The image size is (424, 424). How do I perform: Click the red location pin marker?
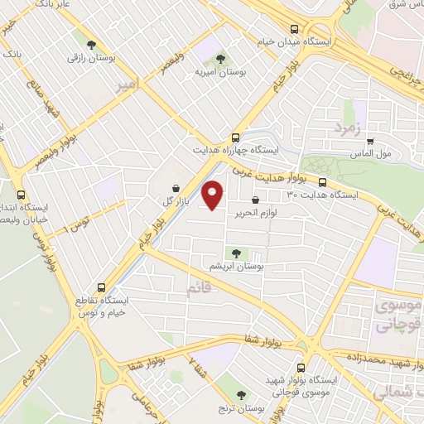(x=214, y=194)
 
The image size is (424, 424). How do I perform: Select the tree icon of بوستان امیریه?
(x=219, y=58)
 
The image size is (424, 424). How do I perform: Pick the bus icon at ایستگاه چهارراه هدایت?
(x=237, y=137)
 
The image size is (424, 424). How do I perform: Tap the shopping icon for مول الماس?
(x=370, y=141)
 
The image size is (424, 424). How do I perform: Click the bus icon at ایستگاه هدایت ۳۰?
(x=322, y=183)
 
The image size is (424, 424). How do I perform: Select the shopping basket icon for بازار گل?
(x=176, y=188)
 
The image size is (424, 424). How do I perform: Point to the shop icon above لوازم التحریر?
(x=254, y=200)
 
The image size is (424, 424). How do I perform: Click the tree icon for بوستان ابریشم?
(x=238, y=253)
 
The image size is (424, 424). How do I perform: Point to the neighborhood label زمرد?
(x=349, y=128)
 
